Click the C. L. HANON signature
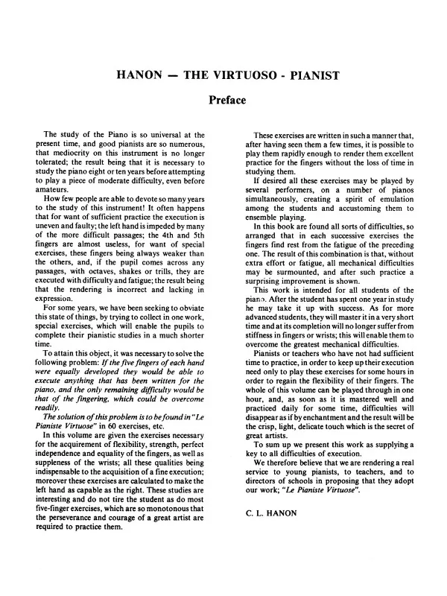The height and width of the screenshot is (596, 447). pyautogui.click(x=272, y=513)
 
